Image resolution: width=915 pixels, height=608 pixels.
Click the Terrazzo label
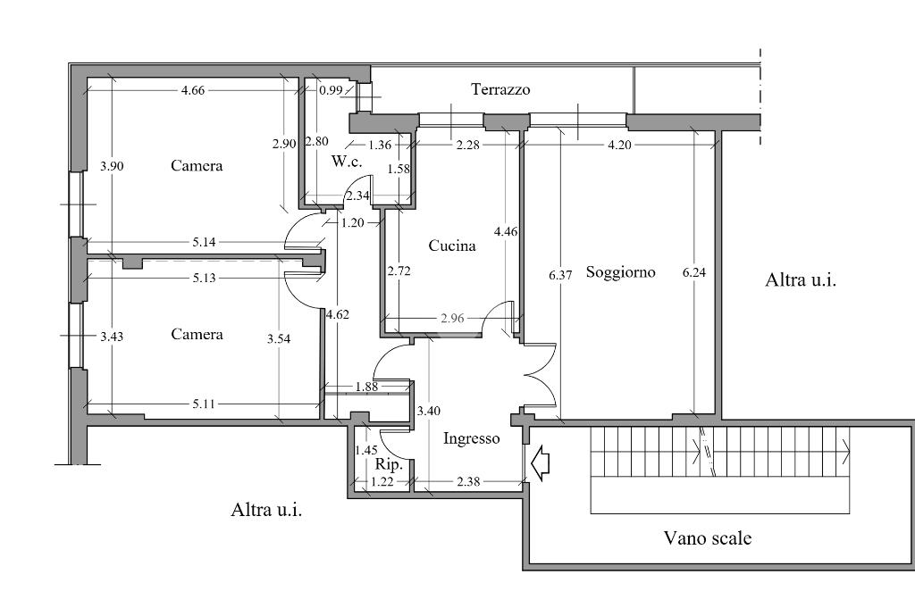[x=500, y=89]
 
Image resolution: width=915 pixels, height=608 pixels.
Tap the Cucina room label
[x=451, y=246]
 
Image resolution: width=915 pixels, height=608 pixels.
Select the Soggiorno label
[x=620, y=272]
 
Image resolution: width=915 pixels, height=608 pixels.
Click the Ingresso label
[x=471, y=439]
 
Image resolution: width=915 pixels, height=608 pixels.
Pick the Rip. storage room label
[x=388, y=465]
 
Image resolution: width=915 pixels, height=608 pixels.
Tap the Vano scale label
[x=707, y=538]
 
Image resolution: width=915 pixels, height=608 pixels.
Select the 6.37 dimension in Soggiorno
[x=560, y=275]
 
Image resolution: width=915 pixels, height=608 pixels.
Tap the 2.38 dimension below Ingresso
[x=467, y=483]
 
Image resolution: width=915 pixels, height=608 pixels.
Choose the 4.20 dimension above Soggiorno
[x=620, y=145]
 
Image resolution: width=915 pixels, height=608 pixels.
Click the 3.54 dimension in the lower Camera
[x=279, y=339]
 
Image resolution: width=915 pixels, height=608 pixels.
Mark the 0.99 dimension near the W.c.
[x=331, y=90]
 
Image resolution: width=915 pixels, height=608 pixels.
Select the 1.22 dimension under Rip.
[x=382, y=483]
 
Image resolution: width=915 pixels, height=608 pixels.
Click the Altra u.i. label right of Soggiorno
[x=801, y=280]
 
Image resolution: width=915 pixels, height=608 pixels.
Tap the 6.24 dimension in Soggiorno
[x=693, y=273]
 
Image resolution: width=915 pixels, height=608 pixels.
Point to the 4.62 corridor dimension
[x=337, y=314]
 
